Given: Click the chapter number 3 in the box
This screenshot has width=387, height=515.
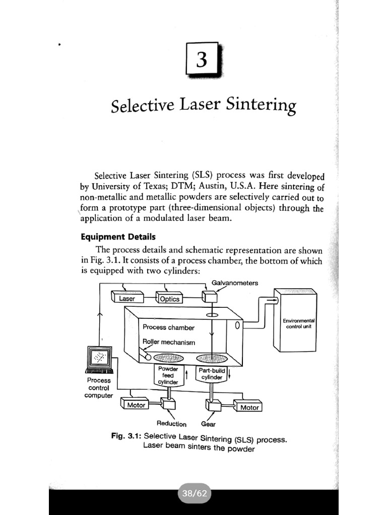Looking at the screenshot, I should pyautogui.click(x=202, y=60).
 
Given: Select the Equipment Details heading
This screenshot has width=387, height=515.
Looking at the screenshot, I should pyautogui.click(x=118, y=236).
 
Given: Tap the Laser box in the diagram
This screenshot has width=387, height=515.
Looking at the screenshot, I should pyautogui.click(x=127, y=299).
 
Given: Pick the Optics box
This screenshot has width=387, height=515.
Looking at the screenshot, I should pyautogui.click(x=169, y=299).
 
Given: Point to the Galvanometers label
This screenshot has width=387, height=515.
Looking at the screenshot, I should pyautogui.click(x=235, y=283).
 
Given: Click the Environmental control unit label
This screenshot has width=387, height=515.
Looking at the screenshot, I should pyautogui.click(x=299, y=323).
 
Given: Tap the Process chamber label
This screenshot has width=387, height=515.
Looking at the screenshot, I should pyautogui.click(x=168, y=327).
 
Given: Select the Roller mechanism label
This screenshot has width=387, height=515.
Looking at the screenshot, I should pyautogui.click(x=169, y=342).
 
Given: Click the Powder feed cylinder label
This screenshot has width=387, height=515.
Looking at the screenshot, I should pyautogui.click(x=169, y=375).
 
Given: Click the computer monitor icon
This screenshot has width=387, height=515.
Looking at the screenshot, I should pyautogui.click(x=99, y=359).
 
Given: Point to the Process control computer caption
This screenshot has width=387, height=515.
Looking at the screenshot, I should pyautogui.click(x=99, y=388).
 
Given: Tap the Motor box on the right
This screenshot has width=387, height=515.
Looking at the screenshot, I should pyautogui.click(x=249, y=407).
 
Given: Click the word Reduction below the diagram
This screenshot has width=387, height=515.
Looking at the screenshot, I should pyautogui.click(x=171, y=424).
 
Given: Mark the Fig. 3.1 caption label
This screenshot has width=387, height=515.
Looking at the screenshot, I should pyautogui.click(x=126, y=436).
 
